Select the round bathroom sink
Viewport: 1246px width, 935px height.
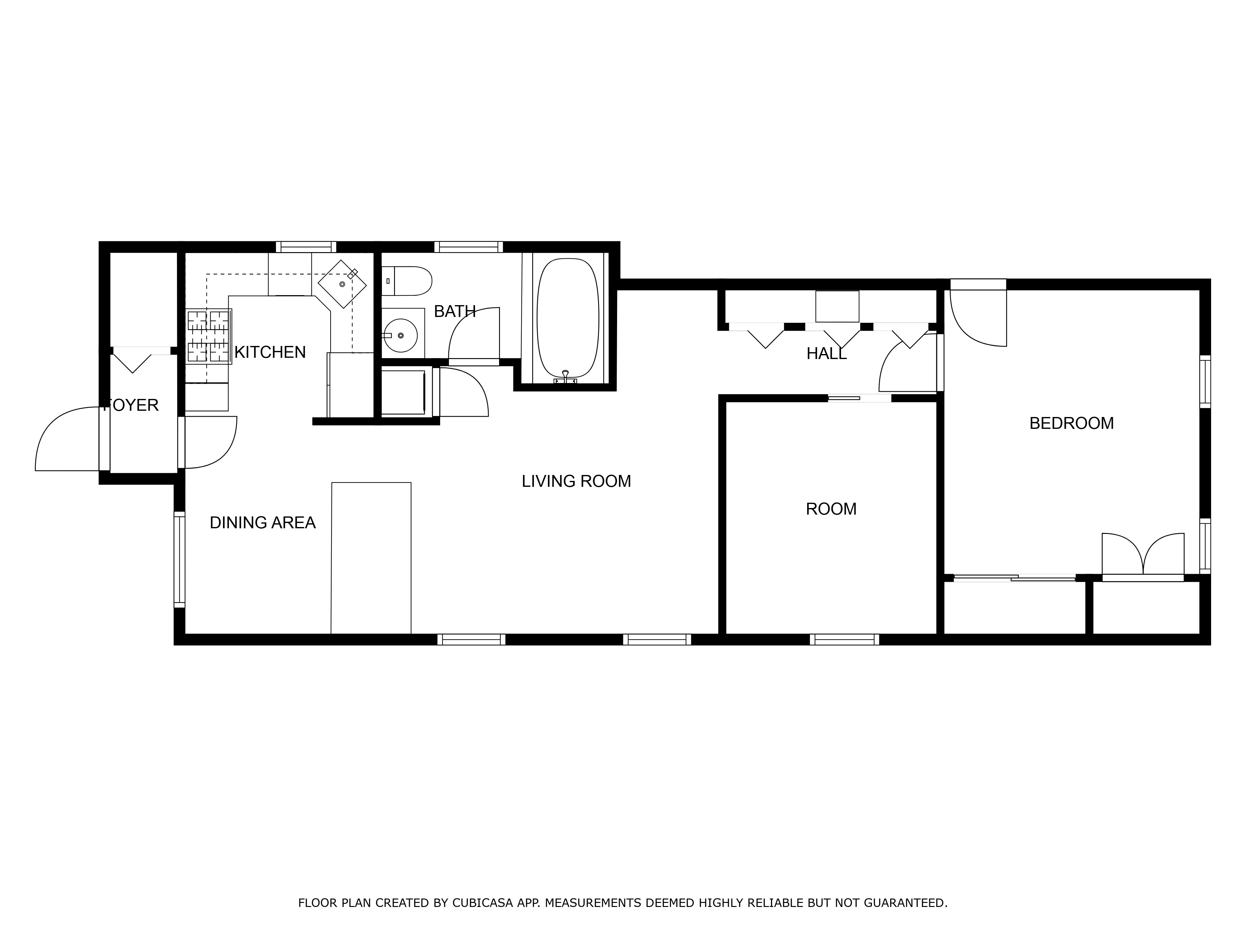point(401,335)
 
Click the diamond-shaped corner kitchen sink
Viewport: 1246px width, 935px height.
point(342,284)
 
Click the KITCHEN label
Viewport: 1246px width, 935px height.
point(270,352)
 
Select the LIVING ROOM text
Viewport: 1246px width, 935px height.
point(576,481)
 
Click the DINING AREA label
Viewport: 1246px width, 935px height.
point(263,523)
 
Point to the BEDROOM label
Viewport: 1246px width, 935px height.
point(1071,423)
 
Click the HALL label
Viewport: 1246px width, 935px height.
point(826,354)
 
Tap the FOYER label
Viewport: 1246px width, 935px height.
point(132,405)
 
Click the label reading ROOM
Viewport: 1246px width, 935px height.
point(831,509)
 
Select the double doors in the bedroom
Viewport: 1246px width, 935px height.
point(1142,555)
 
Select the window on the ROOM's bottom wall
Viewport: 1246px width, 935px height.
point(844,639)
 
